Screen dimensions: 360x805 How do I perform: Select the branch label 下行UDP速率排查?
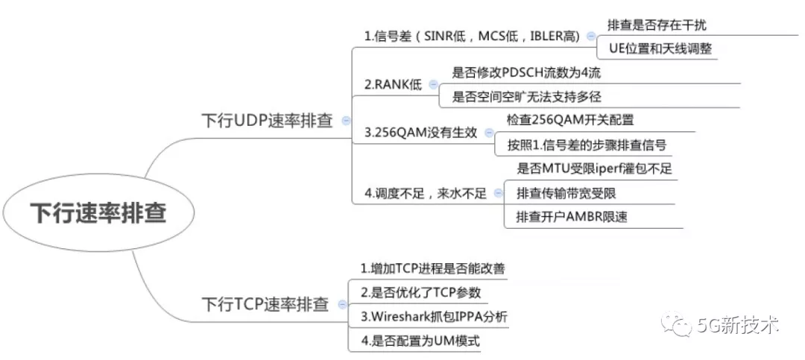268,120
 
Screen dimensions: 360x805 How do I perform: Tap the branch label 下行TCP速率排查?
265,304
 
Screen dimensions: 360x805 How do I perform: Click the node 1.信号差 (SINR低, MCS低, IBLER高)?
473,37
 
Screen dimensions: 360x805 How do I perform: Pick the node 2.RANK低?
393,84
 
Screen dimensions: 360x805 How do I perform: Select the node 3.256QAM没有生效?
420,132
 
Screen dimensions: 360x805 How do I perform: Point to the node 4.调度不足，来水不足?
425,193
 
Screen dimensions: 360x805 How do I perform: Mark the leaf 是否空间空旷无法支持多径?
531,97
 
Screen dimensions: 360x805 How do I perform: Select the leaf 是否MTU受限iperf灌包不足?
594,168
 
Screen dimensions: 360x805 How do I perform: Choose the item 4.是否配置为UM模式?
420,341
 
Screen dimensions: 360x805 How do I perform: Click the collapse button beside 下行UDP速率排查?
345,120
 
